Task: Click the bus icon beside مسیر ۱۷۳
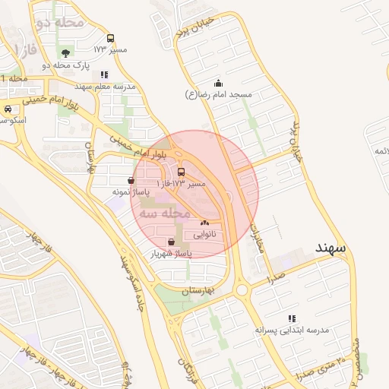[111, 38]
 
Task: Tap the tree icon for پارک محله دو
[66, 53]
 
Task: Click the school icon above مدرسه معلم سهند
[105, 74]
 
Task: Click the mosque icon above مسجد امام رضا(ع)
[219, 83]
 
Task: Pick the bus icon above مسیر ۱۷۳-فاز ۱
[181, 172]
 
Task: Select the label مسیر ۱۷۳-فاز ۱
[180, 184]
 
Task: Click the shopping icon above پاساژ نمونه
[133, 181]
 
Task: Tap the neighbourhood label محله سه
[166, 214]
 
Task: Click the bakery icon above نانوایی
[204, 223]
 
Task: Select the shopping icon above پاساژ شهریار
[180, 242]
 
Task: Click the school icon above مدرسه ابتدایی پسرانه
[291, 318]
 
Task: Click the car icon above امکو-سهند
[8, 109]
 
